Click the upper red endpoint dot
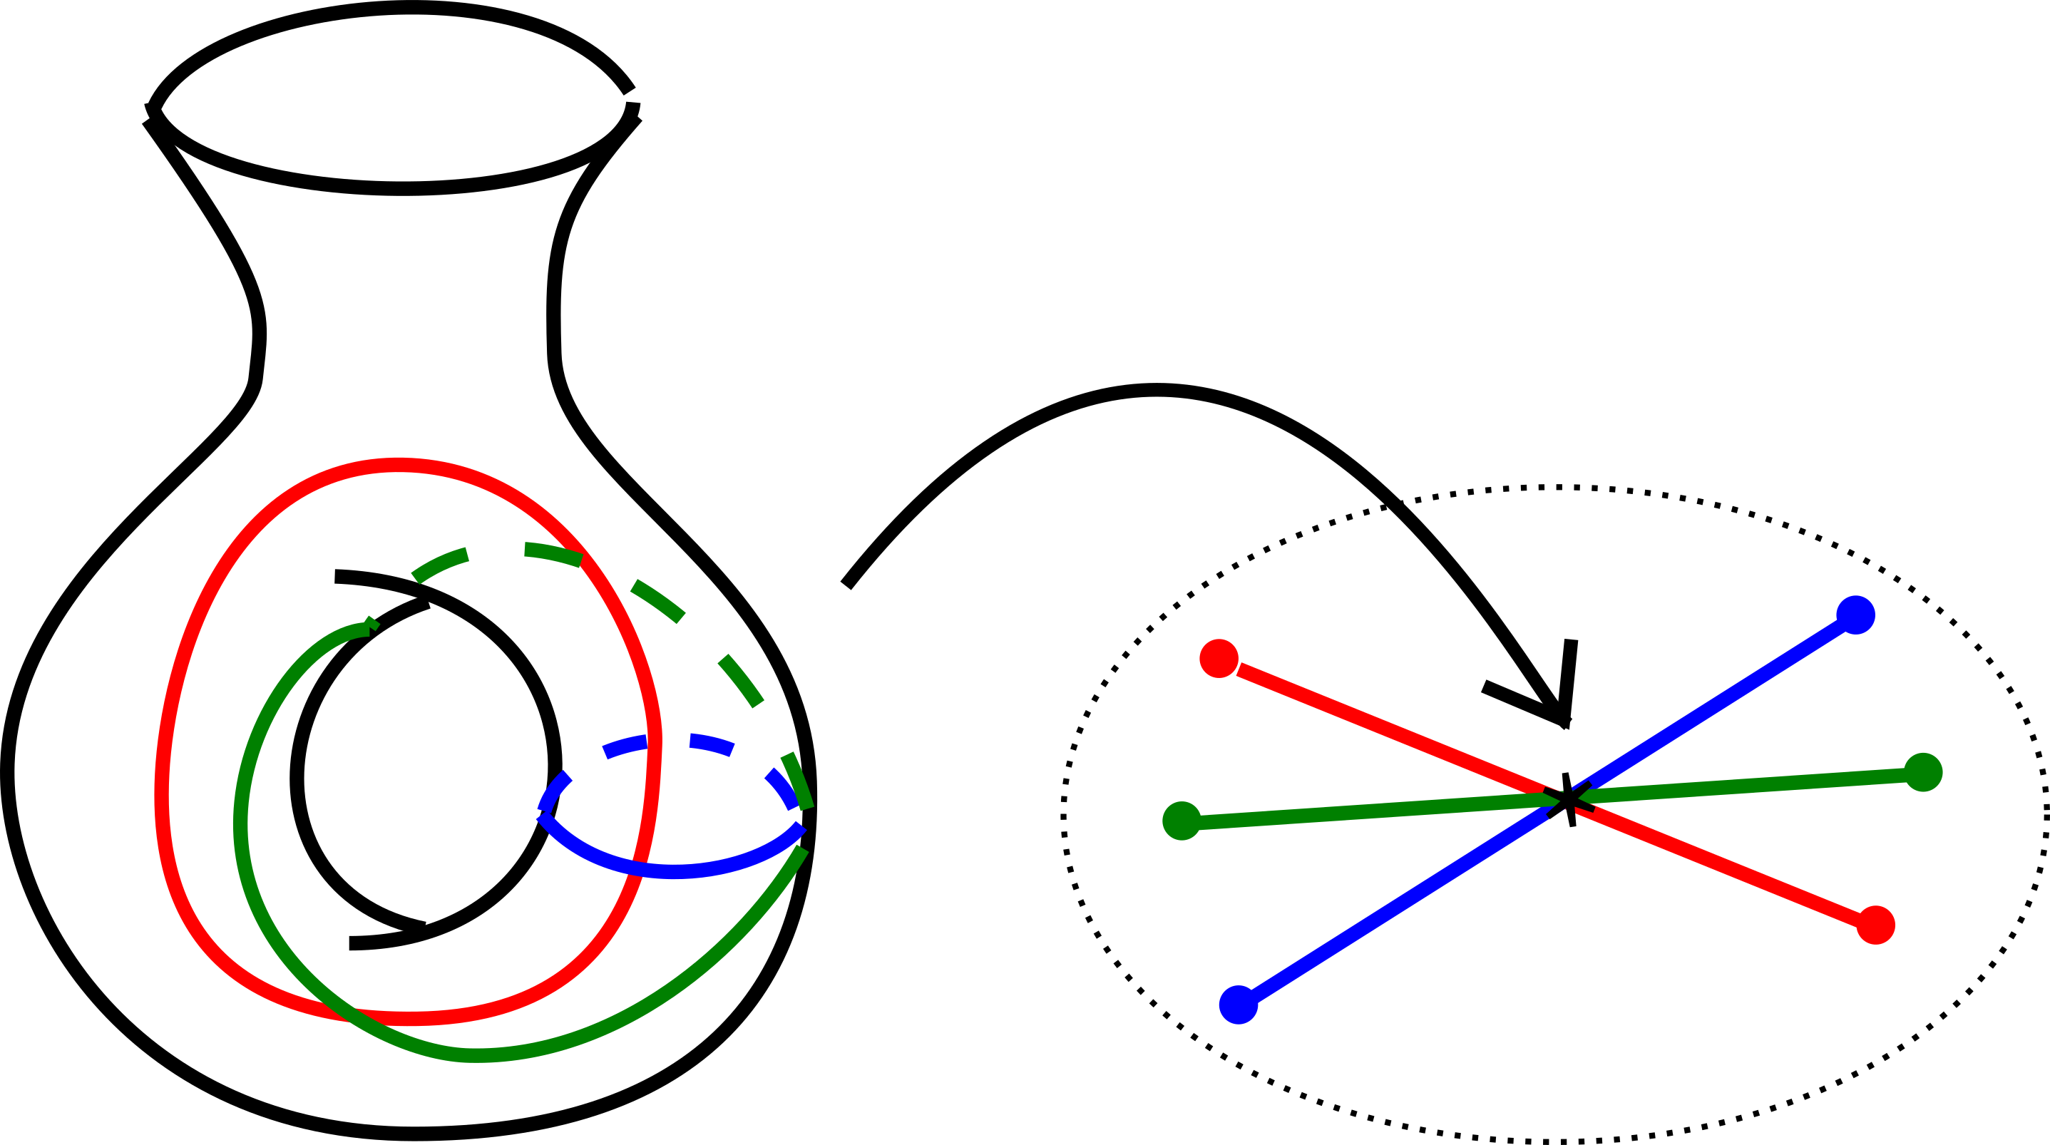[x=1219, y=658]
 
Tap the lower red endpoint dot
[x=1876, y=925]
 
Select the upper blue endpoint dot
[x=1856, y=615]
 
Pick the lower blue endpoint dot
[x=1239, y=1004]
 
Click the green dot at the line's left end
[x=1182, y=821]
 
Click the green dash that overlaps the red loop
[x=554, y=553]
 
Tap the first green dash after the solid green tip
[x=439, y=565]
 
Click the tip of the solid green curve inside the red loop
[x=368, y=629]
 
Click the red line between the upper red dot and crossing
[x=1393, y=729]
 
